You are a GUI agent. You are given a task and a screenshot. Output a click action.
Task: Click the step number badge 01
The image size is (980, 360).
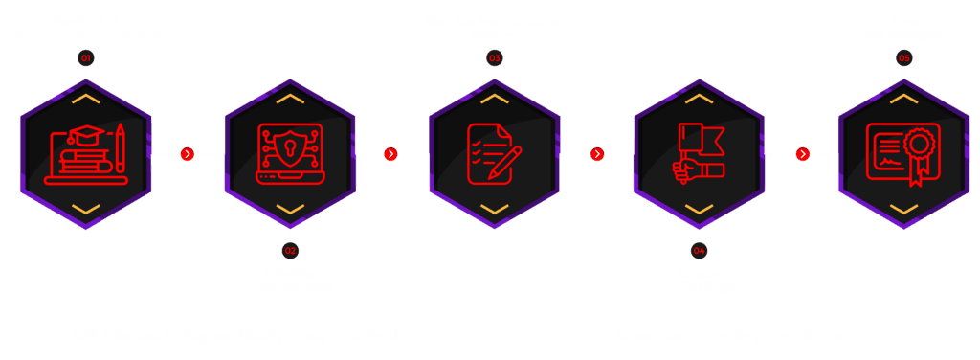point(85,58)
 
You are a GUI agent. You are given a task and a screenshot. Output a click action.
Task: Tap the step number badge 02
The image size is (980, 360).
point(290,251)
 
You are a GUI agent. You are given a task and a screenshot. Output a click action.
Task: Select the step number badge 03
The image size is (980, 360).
point(495,58)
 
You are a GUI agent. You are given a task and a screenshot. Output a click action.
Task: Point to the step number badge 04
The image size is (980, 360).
point(699,251)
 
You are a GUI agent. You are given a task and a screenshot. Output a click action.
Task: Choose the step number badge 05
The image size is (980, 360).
point(903,58)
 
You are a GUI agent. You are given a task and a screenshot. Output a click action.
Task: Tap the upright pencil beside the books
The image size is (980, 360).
point(120,147)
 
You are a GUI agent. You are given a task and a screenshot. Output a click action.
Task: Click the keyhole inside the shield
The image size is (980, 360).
point(290,148)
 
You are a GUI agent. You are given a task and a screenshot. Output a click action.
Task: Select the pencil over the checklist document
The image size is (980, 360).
point(505,163)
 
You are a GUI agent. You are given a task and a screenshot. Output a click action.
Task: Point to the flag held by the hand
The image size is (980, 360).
point(702,139)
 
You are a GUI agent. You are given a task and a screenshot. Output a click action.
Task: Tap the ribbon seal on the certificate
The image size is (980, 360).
point(918,153)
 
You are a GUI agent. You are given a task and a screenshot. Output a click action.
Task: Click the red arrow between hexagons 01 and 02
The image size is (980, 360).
point(187,154)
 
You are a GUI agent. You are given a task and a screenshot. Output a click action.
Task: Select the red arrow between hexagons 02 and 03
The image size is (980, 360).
point(390,154)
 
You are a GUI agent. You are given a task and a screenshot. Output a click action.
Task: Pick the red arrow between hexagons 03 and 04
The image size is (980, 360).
point(597,154)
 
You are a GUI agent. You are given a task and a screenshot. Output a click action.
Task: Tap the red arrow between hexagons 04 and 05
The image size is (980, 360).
point(803,154)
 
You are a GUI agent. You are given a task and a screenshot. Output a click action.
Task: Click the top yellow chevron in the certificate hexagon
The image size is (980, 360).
point(903,98)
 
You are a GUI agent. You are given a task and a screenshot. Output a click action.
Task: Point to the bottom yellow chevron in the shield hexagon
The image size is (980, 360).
point(290,209)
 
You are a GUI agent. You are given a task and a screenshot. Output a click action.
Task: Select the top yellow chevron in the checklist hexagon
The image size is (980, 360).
point(495,98)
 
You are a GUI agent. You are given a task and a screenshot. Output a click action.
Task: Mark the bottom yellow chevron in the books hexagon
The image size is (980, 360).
point(85,209)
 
